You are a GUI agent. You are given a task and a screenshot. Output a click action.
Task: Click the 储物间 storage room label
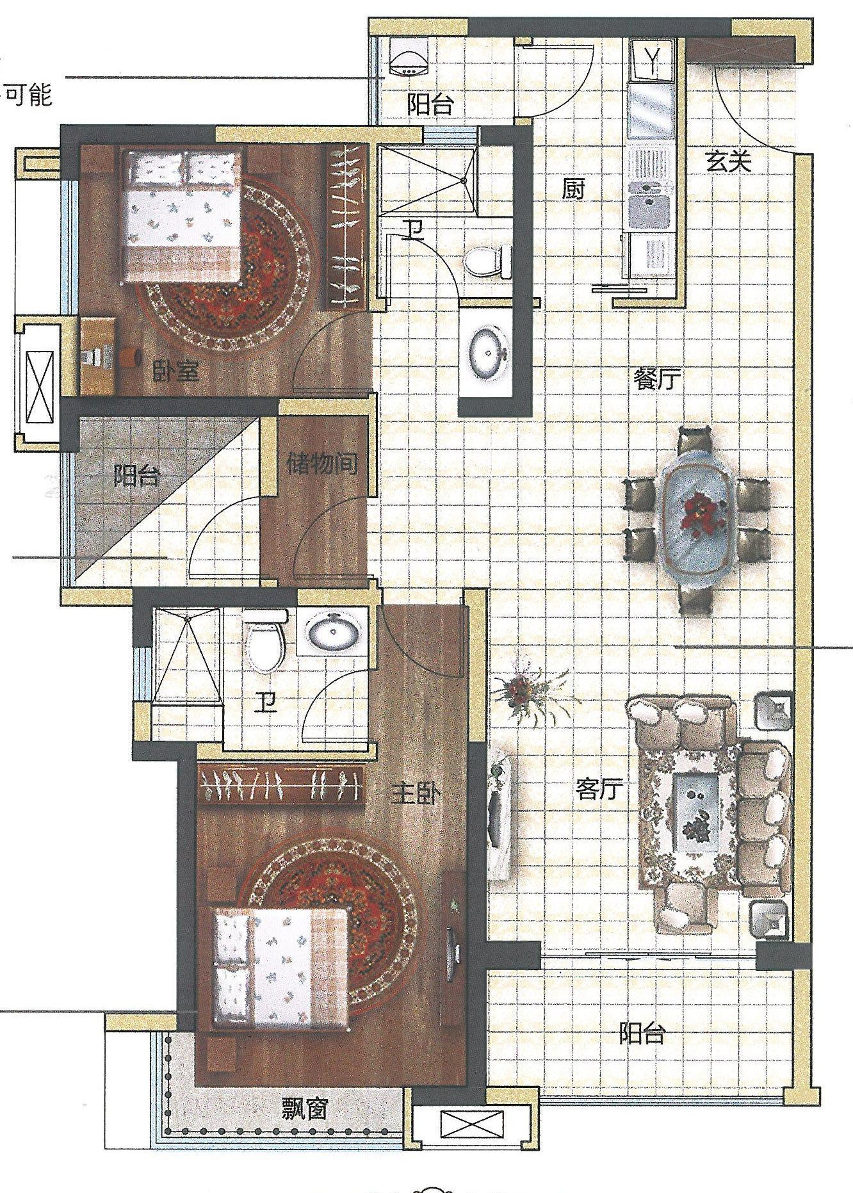(x=322, y=462)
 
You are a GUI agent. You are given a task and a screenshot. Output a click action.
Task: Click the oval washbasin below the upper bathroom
(x=490, y=350)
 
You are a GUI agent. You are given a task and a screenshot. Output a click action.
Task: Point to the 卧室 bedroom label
(x=175, y=370)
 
